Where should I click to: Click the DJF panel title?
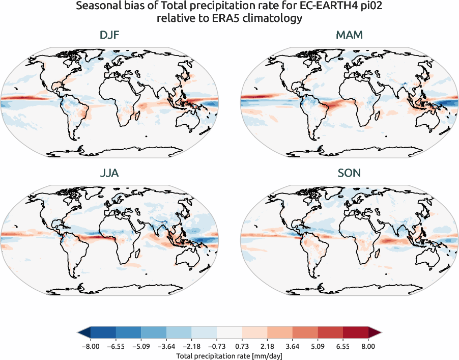click(x=109, y=36)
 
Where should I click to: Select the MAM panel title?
click(x=349, y=36)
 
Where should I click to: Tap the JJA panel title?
click(x=109, y=173)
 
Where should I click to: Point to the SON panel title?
click(x=349, y=173)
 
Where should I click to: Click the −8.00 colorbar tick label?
click(x=91, y=346)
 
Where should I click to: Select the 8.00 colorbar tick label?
click(x=368, y=346)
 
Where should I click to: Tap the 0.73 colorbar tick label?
click(x=242, y=346)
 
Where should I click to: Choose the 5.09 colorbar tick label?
click(x=318, y=346)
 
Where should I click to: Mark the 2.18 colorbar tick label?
click(x=267, y=346)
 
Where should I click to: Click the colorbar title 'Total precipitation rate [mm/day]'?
click(x=229, y=355)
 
